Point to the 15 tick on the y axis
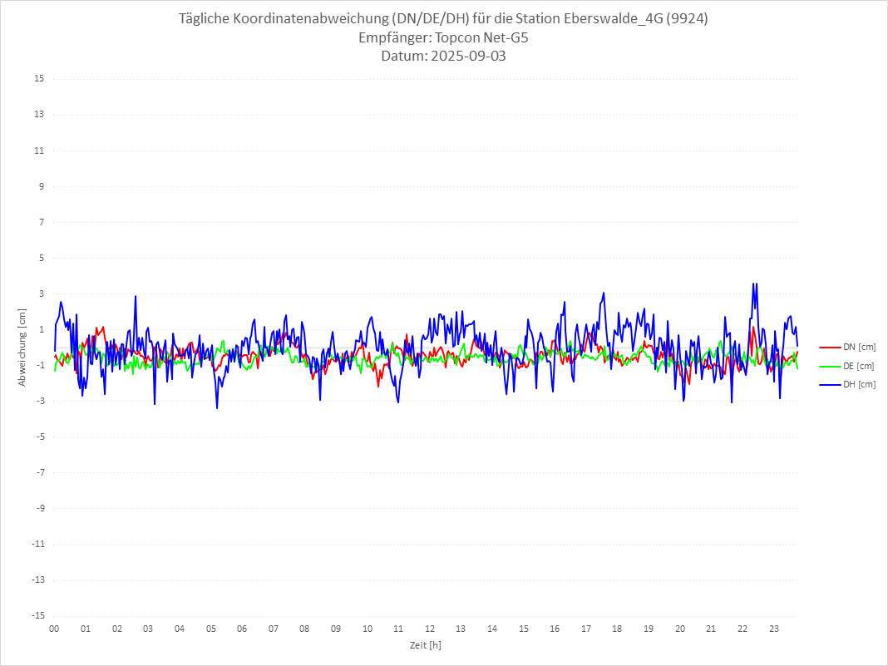point(39,79)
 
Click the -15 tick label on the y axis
point(37,615)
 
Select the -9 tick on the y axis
point(39,508)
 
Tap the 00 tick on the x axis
point(54,629)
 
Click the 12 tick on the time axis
point(430,629)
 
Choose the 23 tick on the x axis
point(774,629)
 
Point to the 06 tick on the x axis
point(242,629)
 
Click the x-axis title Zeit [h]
point(426,645)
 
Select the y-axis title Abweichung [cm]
point(22,347)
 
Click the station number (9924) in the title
point(689,19)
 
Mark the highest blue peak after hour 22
point(753,284)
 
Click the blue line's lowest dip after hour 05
point(217,407)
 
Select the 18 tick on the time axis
point(618,629)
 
